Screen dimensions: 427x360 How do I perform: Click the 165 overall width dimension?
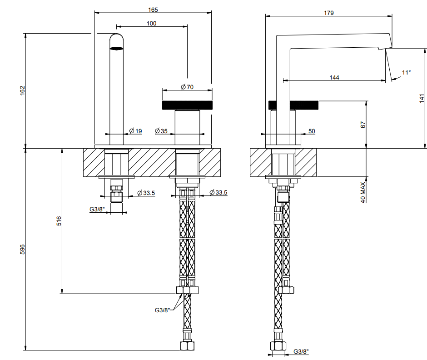[x=153, y=10]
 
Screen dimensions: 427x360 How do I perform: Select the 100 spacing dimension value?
[x=151, y=24]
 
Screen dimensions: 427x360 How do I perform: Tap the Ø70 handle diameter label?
[x=187, y=87]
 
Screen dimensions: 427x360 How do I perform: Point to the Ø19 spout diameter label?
[x=136, y=131]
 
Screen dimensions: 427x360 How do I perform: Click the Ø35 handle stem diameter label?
[x=161, y=131]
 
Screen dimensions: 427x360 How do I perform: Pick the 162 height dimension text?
[x=22, y=90]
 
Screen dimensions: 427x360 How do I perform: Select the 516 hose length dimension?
[x=59, y=221]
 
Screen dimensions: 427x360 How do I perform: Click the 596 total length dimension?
[x=22, y=250]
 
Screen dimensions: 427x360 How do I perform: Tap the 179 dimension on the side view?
[x=329, y=13]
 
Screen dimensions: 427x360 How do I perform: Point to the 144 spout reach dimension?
[x=334, y=77]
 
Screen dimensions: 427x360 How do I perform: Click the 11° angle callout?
[x=406, y=72]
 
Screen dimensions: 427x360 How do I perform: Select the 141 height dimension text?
[x=422, y=98]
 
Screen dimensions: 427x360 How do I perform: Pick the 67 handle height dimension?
[x=363, y=125]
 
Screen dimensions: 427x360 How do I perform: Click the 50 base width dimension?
[x=312, y=131]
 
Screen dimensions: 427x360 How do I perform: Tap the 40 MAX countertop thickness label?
[x=363, y=192]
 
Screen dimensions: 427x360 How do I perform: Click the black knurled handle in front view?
[x=187, y=105]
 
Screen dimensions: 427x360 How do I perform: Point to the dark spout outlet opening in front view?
[x=116, y=49]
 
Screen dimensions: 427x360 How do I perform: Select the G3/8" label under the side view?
[x=301, y=351]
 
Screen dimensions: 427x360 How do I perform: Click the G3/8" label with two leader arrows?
[x=162, y=310]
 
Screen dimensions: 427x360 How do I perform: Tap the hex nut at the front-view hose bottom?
[x=187, y=346]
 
